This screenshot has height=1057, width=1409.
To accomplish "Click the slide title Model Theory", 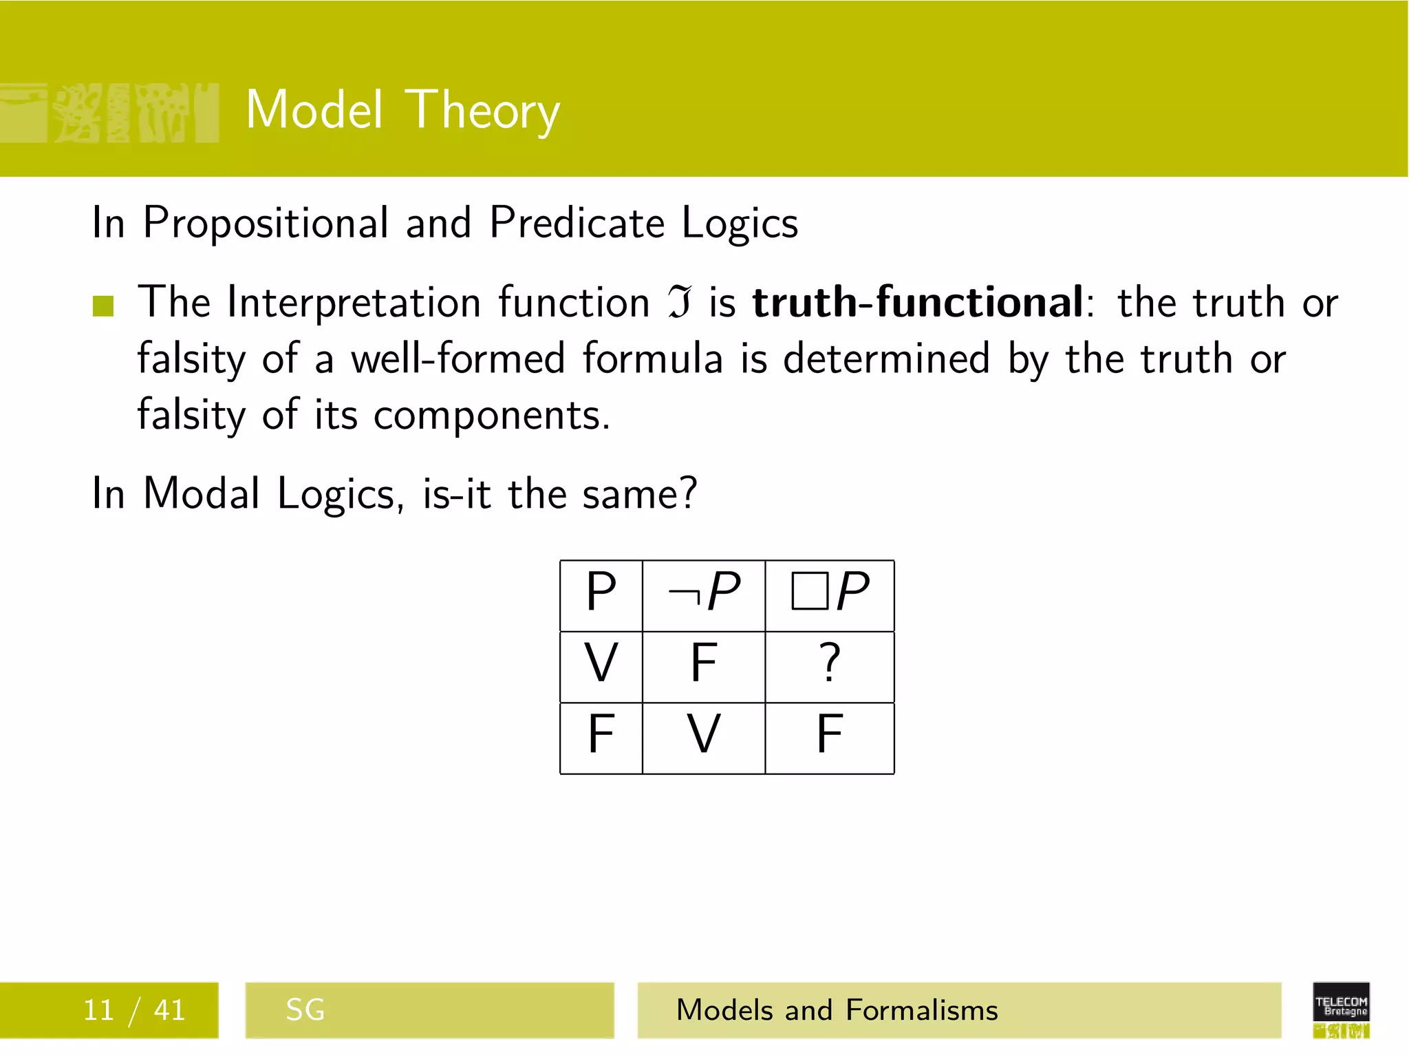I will click(402, 110).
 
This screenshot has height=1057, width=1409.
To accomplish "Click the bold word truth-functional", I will click(917, 302).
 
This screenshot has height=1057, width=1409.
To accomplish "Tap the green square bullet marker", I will click(103, 306).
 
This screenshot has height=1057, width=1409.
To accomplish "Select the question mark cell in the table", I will click(830, 665).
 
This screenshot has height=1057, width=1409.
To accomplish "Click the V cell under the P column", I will click(601, 665).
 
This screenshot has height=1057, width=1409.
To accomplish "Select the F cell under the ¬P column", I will click(703, 665).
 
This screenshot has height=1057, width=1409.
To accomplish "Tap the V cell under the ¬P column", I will click(703, 736).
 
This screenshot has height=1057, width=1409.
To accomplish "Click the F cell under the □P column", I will click(830, 736).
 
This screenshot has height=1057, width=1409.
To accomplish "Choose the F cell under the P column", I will click(601, 736).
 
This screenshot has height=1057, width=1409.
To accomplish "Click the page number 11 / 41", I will click(134, 1010).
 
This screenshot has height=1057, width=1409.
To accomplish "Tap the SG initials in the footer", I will click(305, 1010).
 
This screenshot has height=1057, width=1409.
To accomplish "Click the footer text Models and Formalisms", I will click(837, 1010).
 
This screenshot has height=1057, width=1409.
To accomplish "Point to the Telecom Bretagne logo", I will click(1341, 1009).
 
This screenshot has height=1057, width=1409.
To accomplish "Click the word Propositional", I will click(266, 224).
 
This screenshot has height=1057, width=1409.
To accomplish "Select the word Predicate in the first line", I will click(577, 224).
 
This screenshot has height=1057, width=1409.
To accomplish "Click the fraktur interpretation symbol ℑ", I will click(679, 303).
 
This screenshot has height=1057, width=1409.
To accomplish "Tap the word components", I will click(491, 416).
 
